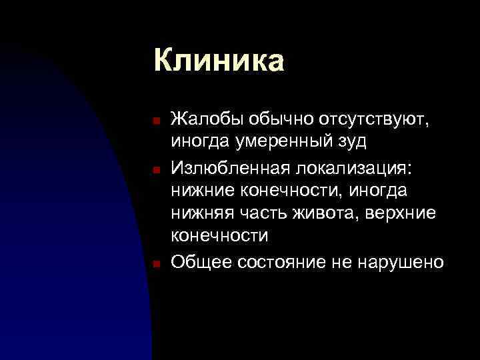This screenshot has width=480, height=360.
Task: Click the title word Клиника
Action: point(219,60)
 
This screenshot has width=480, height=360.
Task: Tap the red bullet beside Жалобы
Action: point(154,122)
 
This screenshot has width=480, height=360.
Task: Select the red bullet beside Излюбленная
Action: point(154,170)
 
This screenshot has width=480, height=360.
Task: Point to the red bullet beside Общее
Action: point(154,264)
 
